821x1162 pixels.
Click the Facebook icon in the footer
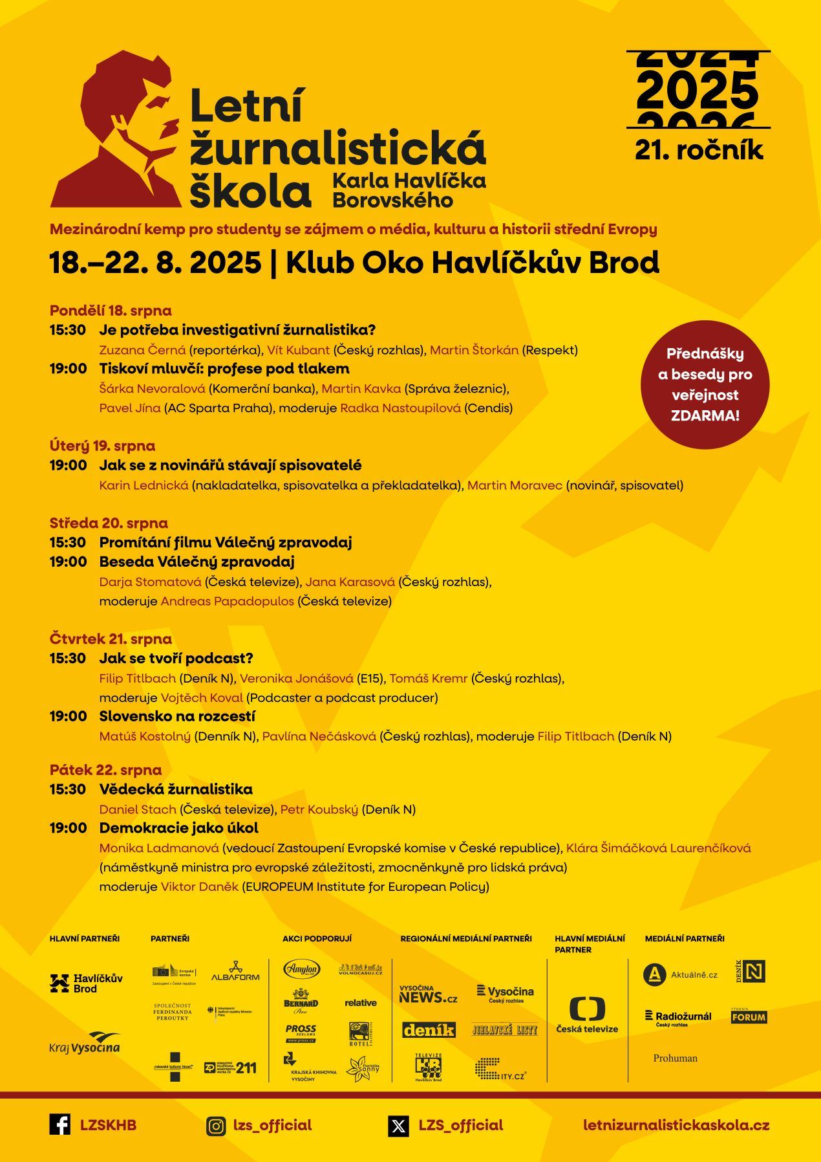pyautogui.click(x=60, y=1124)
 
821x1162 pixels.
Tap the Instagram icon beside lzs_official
pyautogui.click(x=216, y=1126)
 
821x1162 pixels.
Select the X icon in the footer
pyautogui.click(x=398, y=1126)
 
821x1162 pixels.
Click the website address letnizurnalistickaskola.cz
pyautogui.click(x=676, y=1125)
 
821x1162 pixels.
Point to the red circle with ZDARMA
pyautogui.click(x=705, y=384)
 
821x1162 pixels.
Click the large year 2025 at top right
pyautogui.click(x=698, y=91)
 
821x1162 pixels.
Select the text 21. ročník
pyautogui.click(x=699, y=150)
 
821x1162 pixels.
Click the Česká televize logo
pyautogui.click(x=587, y=1014)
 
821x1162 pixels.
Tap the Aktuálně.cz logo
pyautogui.click(x=681, y=974)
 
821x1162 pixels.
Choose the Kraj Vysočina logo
pyautogui.click(x=85, y=1043)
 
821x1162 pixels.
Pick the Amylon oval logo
pyautogui.click(x=302, y=969)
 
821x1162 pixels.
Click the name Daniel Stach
pyautogui.click(x=138, y=809)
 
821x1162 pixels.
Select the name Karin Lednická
pyautogui.click(x=144, y=485)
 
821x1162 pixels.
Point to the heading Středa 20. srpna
pyautogui.click(x=109, y=523)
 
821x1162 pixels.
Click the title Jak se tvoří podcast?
pyautogui.click(x=176, y=658)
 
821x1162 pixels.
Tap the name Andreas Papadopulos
pyautogui.click(x=227, y=601)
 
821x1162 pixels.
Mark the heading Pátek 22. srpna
pyautogui.click(x=105, y=770)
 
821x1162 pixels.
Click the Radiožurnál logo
pyautogui.click(x=678, y=1018)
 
